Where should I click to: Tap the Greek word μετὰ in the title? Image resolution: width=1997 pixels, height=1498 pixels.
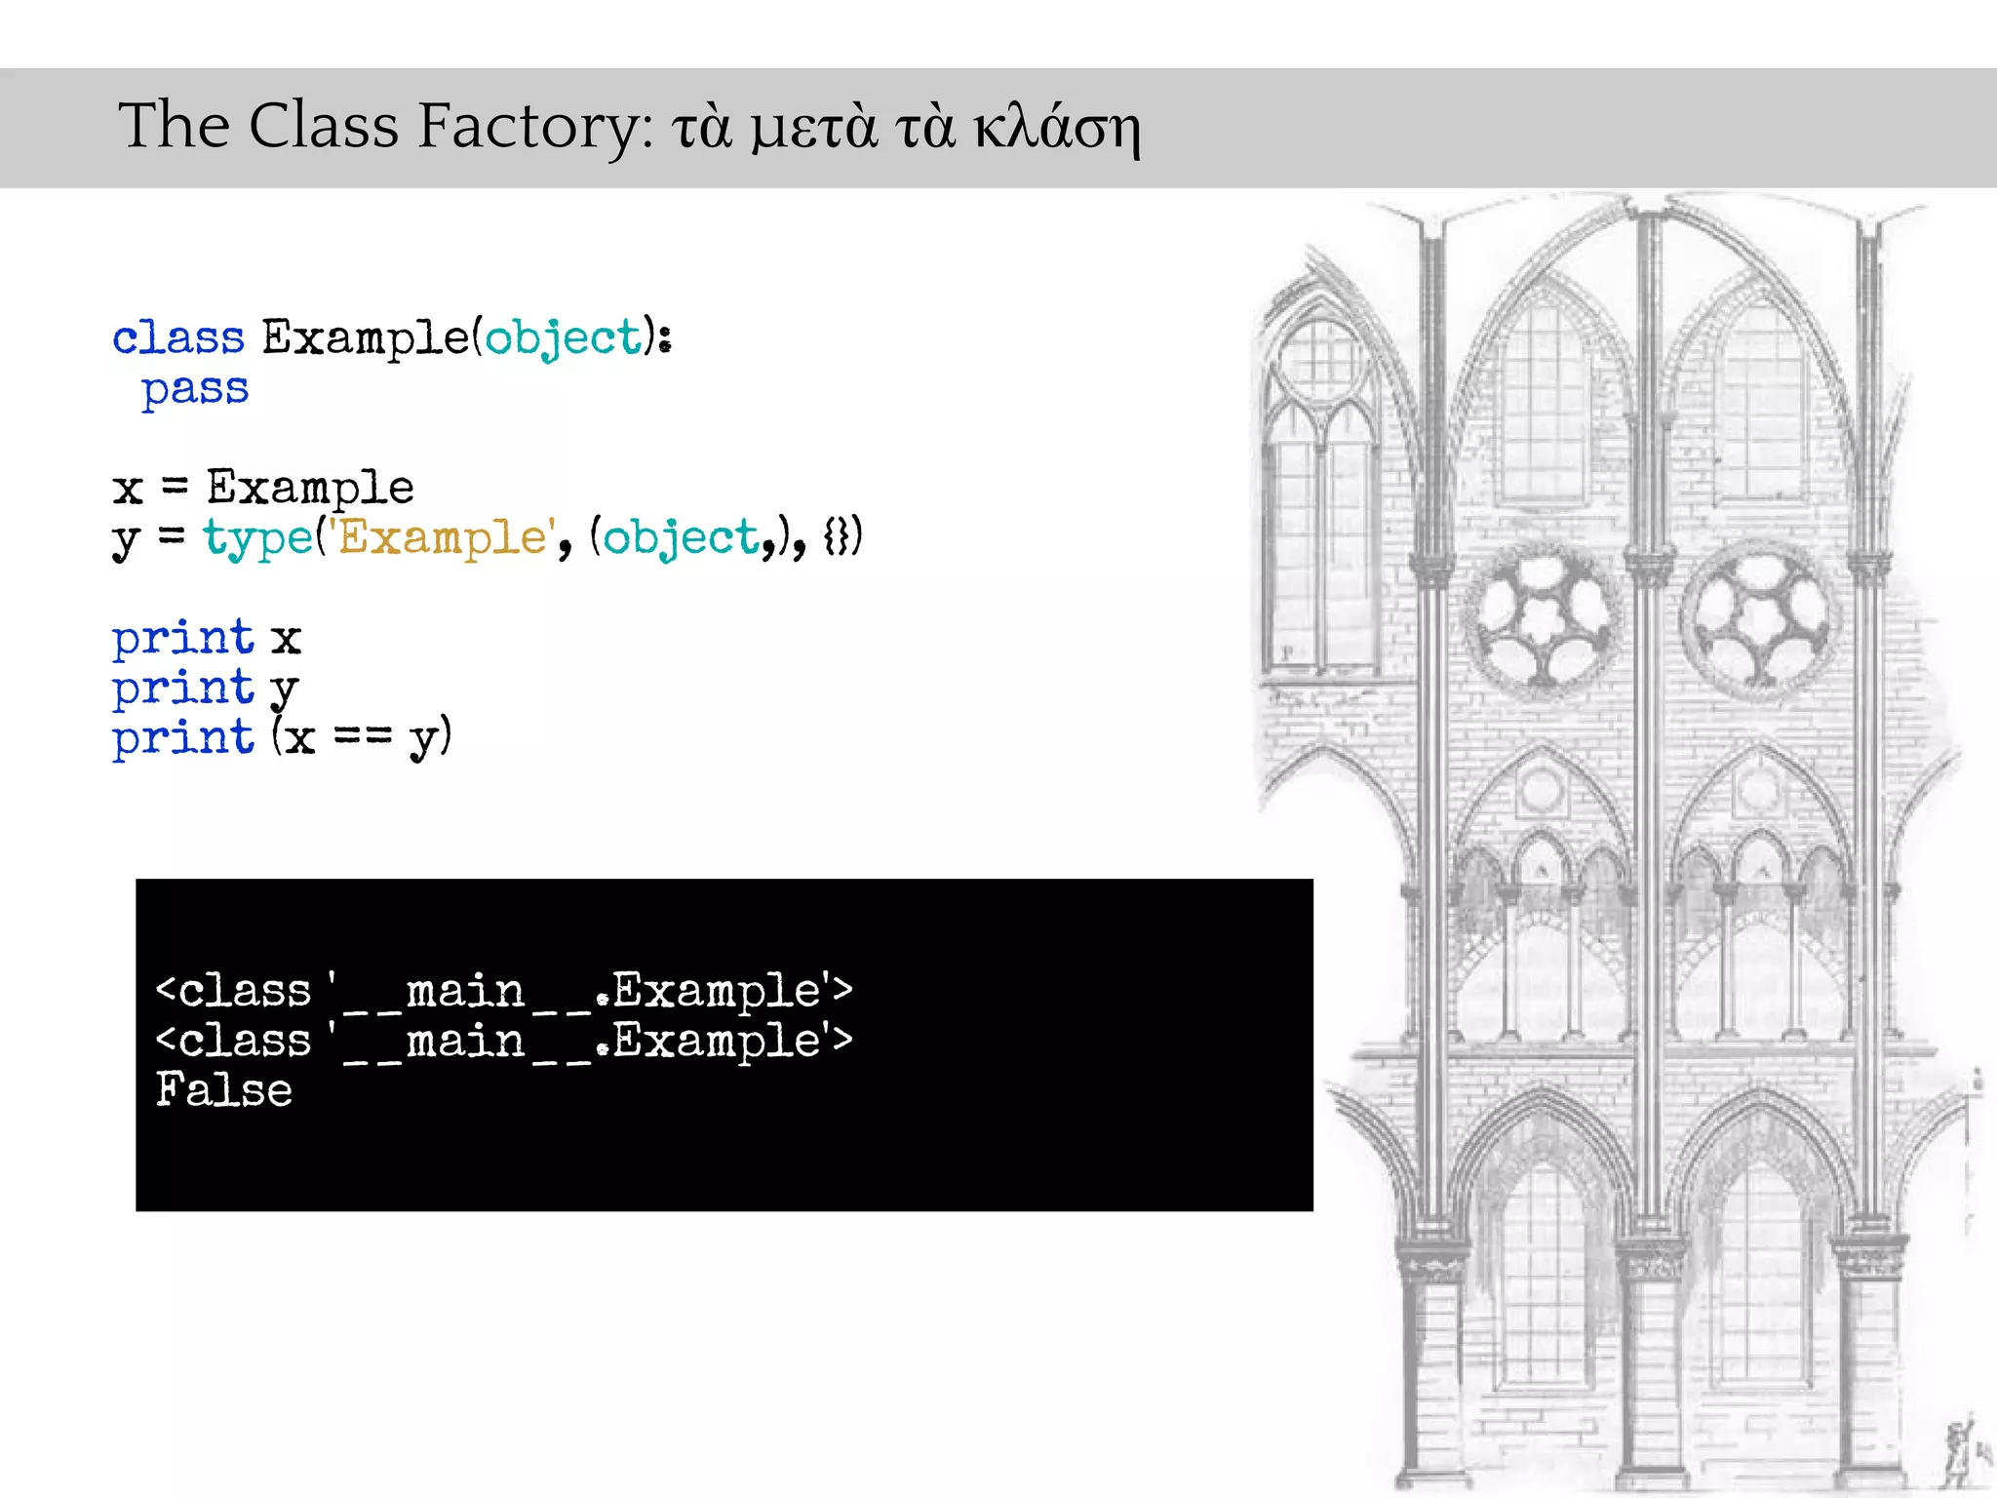click(x=813, y=129)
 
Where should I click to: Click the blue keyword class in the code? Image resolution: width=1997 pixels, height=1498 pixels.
click(x=177, y=337)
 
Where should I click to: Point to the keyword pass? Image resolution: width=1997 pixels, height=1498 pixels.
click(x=195, y=389)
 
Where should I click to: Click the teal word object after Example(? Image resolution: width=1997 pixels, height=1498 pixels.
click(x=564, y=338)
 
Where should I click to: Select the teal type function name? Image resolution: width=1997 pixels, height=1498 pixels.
click(x=257, y=538)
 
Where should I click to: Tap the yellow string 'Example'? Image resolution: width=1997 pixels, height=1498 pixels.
click(x=441, y=537)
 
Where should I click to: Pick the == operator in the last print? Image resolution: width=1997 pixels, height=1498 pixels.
click(x=363, y=736)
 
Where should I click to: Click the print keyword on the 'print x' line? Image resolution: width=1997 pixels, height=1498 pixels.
click(x=182, y=638)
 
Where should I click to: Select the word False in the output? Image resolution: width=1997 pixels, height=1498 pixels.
click(x=224, y=1089)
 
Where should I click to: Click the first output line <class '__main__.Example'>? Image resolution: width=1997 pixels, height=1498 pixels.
click(x=504, y=991)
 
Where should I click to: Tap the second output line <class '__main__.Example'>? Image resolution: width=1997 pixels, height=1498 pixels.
click(x=504, y=1041)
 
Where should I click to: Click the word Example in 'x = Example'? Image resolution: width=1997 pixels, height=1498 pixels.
click(x=310, y=488)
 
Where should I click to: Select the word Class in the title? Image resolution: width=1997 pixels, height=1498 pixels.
click(x=324, y=127)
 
